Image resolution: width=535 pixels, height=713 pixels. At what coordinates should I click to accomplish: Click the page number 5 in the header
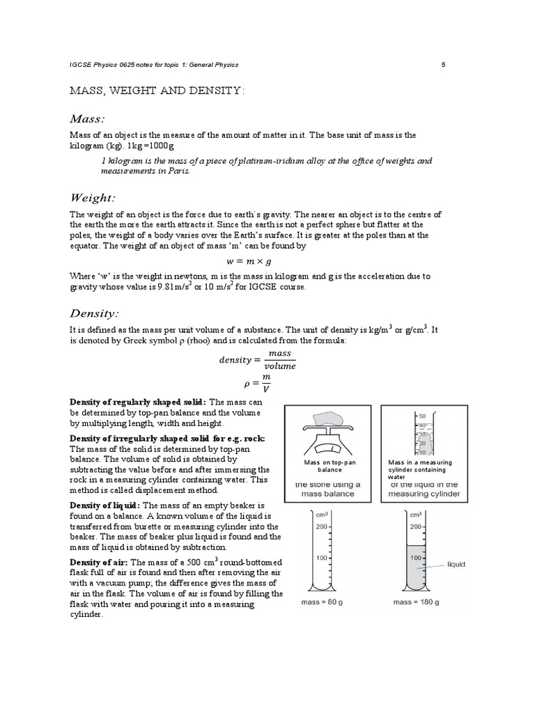pos(443,65)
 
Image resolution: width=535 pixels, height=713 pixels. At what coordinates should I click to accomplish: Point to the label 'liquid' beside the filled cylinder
pos(456,564)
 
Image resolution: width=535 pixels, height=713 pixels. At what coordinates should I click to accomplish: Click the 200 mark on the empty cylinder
pos(323,526)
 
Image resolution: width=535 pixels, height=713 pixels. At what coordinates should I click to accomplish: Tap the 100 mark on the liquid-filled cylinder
pos(417,558)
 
